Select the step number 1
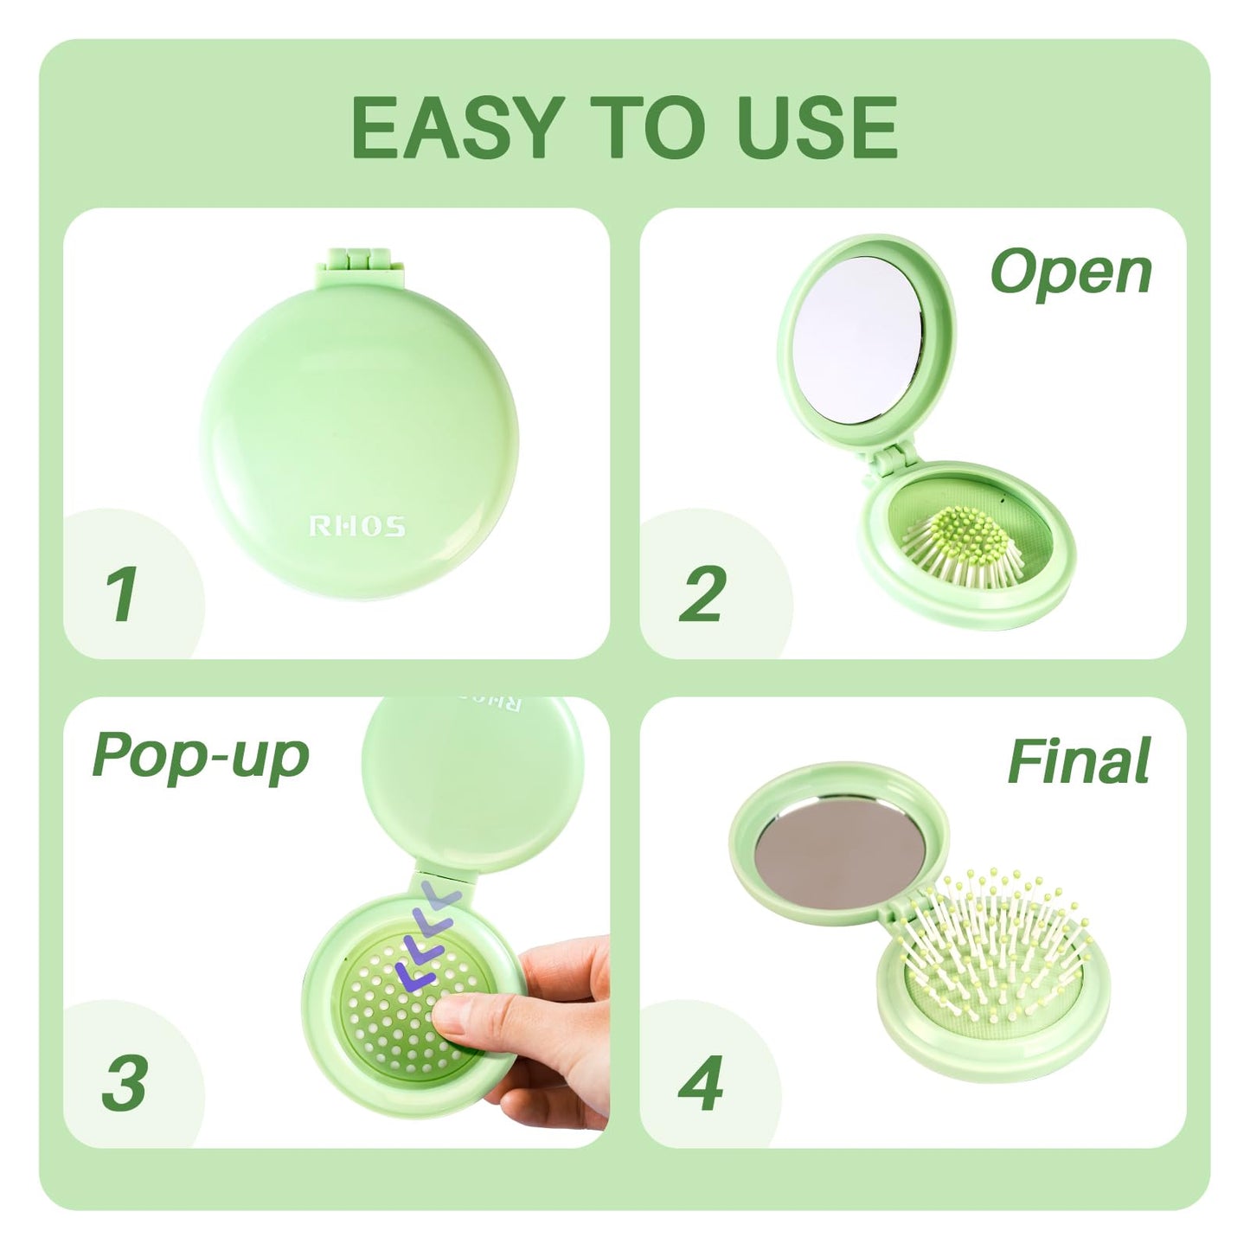pos(121,594)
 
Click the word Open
pos(1071,272)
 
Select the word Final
pos(1078,761)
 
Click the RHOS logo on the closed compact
pos(357,526)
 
